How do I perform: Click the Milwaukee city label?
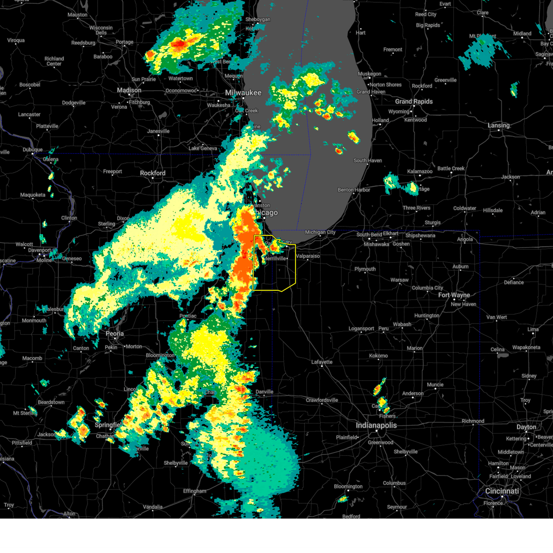click(243, 93)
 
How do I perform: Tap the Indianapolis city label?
click(376, 425)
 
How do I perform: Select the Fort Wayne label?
click(454, 295)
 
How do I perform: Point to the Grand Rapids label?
click(414, 101)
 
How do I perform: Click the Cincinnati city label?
click(502, 491)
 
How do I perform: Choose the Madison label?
click(129, 90)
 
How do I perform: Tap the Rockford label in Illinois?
click(153, 173)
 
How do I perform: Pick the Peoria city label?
click(115, 334)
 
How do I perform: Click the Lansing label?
click(499, 125)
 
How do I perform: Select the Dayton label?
click(526, 427)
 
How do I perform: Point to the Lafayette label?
click(322, 362)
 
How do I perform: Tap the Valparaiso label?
click(308, 256)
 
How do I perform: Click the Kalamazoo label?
click(420, 171)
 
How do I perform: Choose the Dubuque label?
click(33, 150)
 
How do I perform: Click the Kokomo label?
click(378, 356)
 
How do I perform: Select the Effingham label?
click(194, 491)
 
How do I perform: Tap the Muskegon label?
click(370, 74)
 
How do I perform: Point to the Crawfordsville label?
click(322, 400)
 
